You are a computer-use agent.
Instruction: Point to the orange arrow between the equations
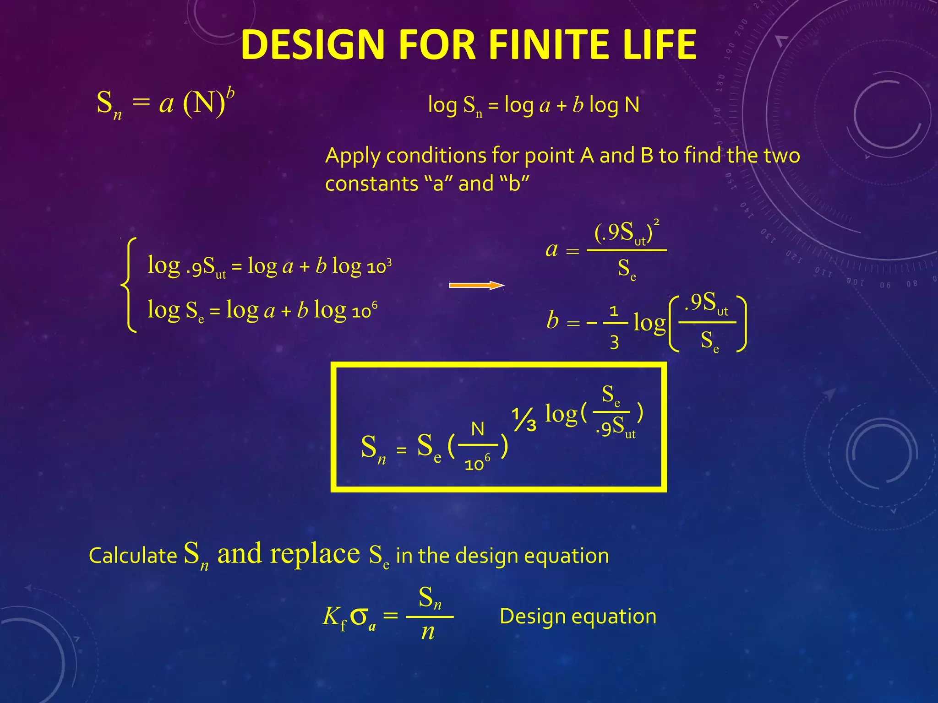(x=476, y=286)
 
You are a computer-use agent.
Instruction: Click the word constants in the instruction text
(x=371, y=184)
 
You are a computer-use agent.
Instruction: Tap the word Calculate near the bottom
(x=133, y=556)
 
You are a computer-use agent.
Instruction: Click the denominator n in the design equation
(x=428, y=633)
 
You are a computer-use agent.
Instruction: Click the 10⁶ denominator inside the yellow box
(x=477, y=464)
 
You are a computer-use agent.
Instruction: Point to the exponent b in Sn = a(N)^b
(x=230, y=93)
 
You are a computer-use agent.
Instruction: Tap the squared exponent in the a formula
(x=656, y=222)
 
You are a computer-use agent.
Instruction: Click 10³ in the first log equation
(x=379, y=266)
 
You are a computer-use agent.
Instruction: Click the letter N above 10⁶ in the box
(x=477, y=429)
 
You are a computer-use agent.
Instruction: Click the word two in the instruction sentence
(x=782, y=156)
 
